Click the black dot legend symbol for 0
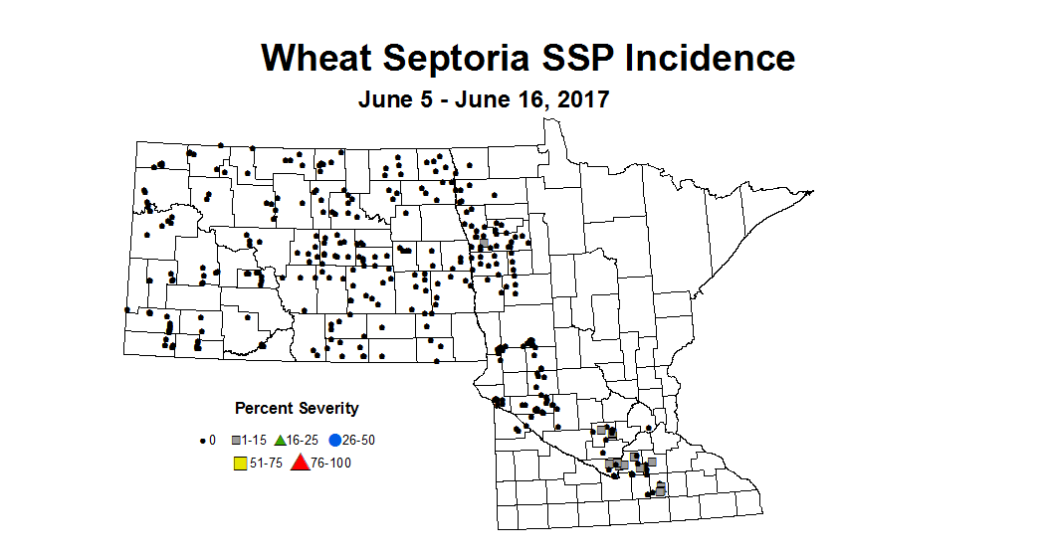203,440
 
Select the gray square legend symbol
237,440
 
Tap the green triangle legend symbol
281,440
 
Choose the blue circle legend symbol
335,440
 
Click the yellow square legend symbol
240,463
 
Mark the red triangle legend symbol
299,463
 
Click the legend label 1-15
256,440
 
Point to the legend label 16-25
304,440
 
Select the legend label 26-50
359,440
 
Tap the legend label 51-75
265,463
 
